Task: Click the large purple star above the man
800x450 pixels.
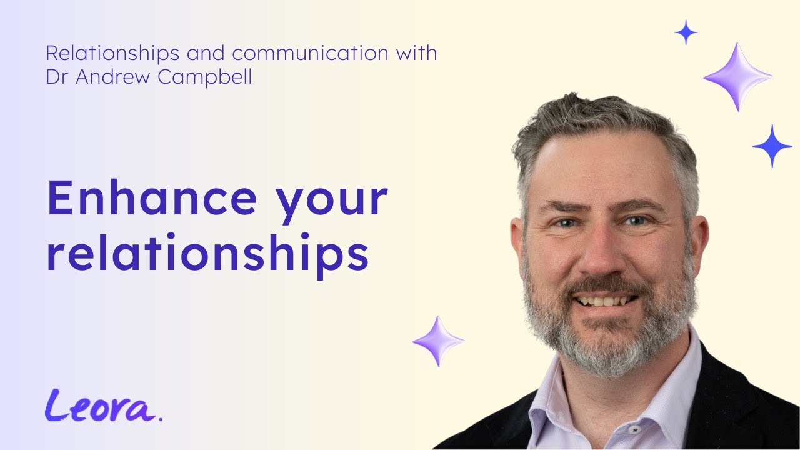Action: coord(737,77)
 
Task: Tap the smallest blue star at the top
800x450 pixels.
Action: coord(686,32)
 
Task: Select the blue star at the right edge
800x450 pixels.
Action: coord(772,146)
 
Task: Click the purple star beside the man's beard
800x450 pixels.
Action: coord(438,341)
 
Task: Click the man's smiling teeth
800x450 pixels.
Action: coord(605,301)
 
